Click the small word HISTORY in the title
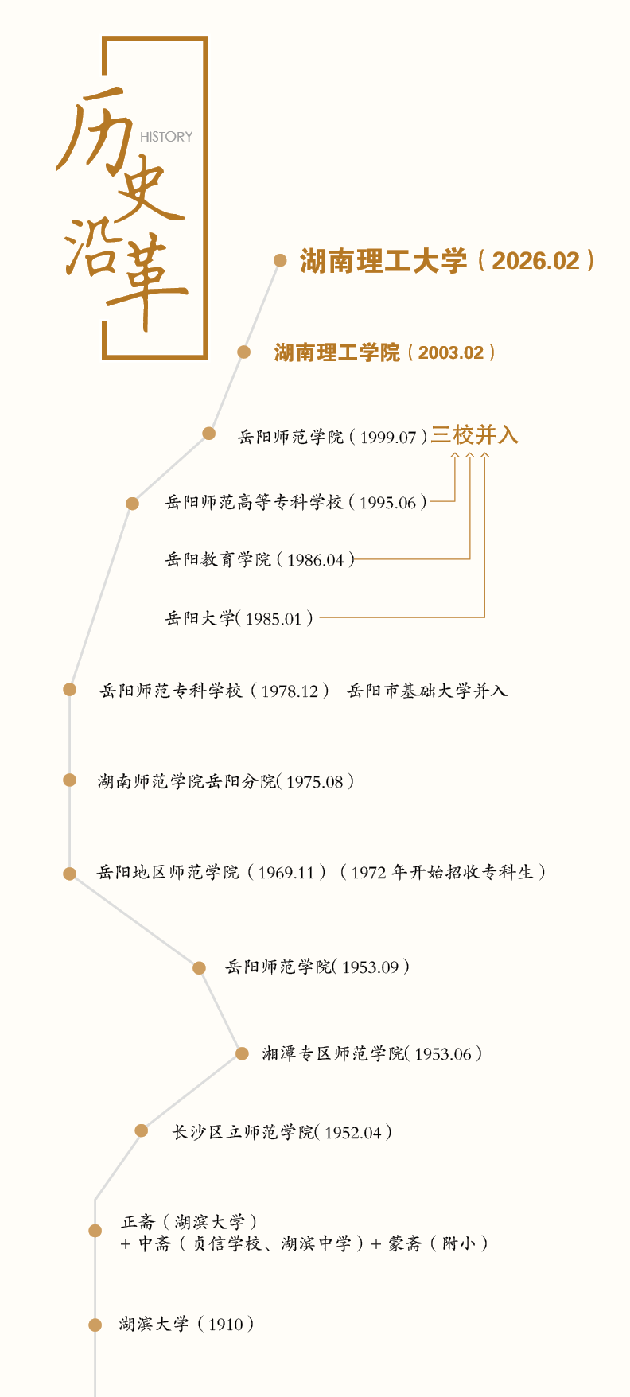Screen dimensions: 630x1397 click(166, 137)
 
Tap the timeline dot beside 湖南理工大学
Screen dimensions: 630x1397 click(280, 260)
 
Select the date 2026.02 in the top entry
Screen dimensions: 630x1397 click(536, 261)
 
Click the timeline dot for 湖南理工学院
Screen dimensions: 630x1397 click(244, 352)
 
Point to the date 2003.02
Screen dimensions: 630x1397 click(451, 352)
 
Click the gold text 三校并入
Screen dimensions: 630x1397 click(475, 435)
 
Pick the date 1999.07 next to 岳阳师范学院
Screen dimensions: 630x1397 click(388, 437)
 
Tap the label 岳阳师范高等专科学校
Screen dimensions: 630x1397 click(254, 502)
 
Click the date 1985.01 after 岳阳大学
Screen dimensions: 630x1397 click(274, 618)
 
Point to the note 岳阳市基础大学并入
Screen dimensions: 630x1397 click(427, 691)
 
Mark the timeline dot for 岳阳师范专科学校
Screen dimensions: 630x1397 click(70, 689)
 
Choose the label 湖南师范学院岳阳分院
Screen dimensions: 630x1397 click(186, 781)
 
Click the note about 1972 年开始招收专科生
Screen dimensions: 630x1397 click(442, 872)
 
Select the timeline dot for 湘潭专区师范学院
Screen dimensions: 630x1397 click(242, 1054)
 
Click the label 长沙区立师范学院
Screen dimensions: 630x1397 click(243, 1132)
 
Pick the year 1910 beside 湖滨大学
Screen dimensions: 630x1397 click(225, 1325)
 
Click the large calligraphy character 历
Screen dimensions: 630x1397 click(94, 127)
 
